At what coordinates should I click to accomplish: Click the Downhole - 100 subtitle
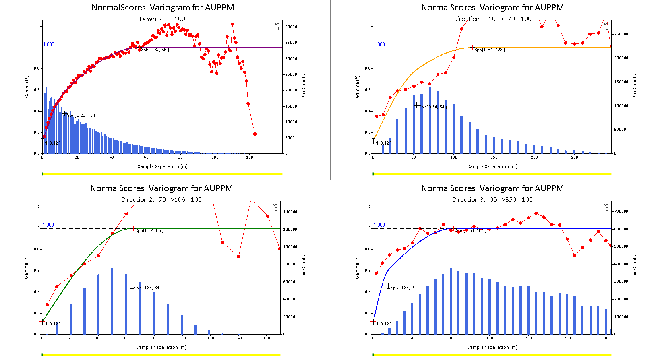click(x=162, y=19)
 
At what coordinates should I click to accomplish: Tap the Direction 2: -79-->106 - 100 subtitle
click(x=161, y=199)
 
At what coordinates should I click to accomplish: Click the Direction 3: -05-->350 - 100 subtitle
click(x=492, y=199)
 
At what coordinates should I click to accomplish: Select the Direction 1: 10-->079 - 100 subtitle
click(x=492, y=19)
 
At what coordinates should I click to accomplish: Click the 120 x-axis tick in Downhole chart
click(x=250, y=157)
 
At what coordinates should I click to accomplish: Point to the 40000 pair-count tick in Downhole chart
click(x=291, y=27)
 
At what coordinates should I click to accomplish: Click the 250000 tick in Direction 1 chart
click(x=621, y=34)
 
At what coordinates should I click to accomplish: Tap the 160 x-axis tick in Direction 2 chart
click(x=266, y=338)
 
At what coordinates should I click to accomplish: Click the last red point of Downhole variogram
click(x=255, y=134)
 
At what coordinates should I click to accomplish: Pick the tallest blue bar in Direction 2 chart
click(x=112, y=301)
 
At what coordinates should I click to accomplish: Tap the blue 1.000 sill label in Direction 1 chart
click(x=379, y=44)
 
